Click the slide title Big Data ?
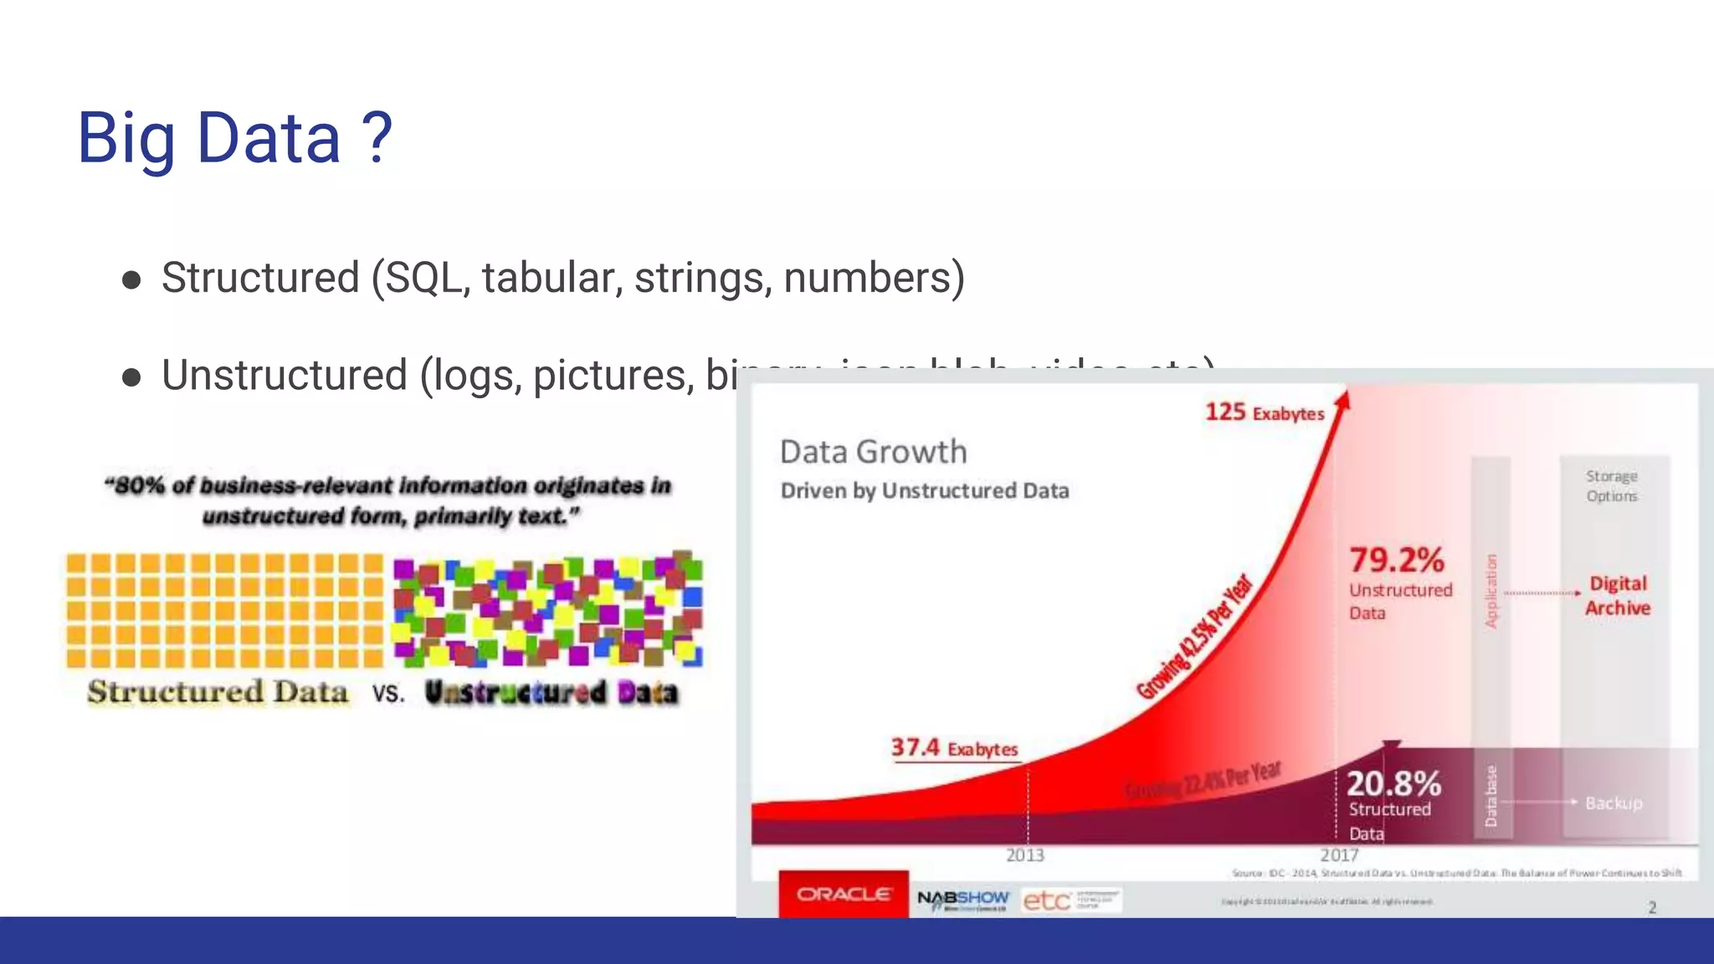tap(234, 138)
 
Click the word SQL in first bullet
tap(422, 278)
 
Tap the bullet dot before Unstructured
tap(131, 377)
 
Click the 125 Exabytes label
tap(1264, 413)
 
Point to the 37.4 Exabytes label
tap(953, 747)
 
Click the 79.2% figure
tap(1396, 560)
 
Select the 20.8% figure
tap(1393, 784)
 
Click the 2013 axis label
tap(1024, 855)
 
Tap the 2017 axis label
tap(1339, 855)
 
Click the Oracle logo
tap(843, 895)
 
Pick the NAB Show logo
tap(962, 900)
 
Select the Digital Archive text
tap(1617, 596)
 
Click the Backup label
tap(1614, 803)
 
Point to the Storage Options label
tap(1611, 486)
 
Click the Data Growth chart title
tap(873, 452)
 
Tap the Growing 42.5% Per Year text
tap(1195, 637)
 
